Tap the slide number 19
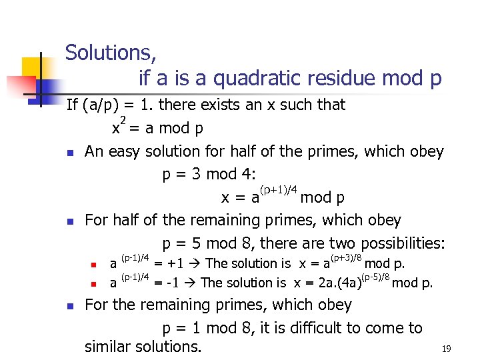pos(446,349)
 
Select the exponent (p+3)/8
pos(345,256)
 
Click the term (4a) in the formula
pos(343,283)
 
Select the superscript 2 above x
pos(123,120)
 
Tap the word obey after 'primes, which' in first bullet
pos(426,151)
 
